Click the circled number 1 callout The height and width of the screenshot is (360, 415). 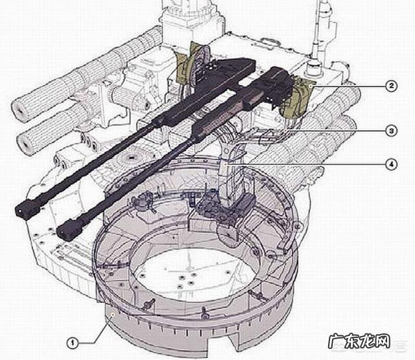pyautogui.click(x=72, y=343)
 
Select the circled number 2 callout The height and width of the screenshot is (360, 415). pyautogui.click(x=391, y=86)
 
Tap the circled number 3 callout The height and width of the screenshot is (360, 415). pyautogui.click(x=391, y=131)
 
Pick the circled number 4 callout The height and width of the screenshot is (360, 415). pyautogui.click(x=391, y=164)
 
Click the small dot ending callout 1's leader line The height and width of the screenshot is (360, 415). pyautogui.click(x=113, y=314)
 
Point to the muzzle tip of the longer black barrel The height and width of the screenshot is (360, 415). pyautogui.click(x=19, y=211)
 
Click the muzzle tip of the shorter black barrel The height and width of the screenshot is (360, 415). pyautogui.click(x=61, y=234)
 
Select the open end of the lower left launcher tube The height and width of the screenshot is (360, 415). pyautogui.click(x=25, y=144)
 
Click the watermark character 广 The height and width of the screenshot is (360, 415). pyautogui.click(x=336, y=341)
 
